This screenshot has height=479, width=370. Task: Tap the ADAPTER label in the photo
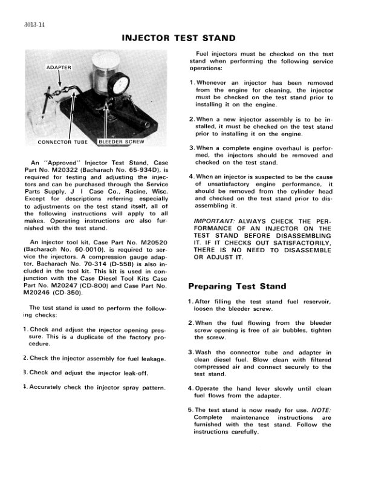click(59, 67)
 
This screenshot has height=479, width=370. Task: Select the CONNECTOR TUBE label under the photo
click(63, 143)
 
